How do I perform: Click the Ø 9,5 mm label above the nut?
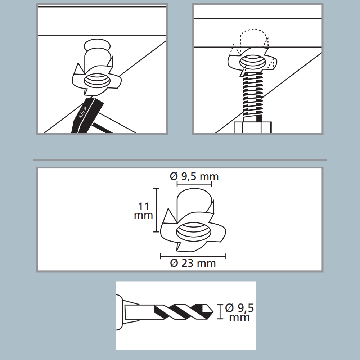[194, 176]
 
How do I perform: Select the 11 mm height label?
[144, 211]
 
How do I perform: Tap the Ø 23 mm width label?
[193, 263]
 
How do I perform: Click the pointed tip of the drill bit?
[213, 312]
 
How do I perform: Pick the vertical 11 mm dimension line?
[156, 210]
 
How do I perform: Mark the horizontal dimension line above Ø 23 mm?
[193, 256]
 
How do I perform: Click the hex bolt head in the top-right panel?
[253, 127]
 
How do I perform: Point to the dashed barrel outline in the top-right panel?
[253, 41]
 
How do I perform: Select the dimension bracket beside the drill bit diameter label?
[220, 312]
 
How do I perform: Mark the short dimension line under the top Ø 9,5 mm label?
[194, 184]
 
